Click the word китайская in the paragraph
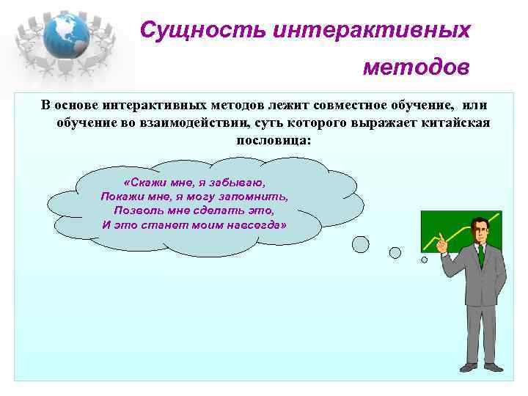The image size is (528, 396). [452, 122]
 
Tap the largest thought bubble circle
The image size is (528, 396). [361, 244]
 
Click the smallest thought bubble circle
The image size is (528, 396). [424, 259]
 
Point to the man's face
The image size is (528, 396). [479, 232]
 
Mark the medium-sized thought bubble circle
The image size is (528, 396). [395, 252]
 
